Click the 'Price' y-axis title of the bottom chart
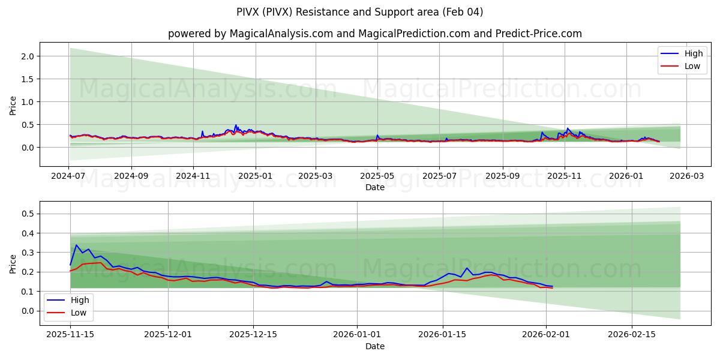coord(13,263)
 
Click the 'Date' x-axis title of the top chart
coord(375,187)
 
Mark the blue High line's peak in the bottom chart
coord(76,245)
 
